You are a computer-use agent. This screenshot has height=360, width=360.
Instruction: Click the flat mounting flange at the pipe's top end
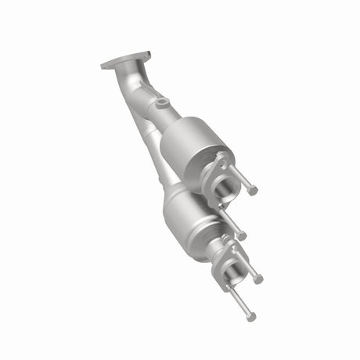[125, 60]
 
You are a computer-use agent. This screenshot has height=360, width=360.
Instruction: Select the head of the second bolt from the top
[243, 236]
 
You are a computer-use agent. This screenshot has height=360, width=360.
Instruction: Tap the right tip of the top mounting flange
[147, 55]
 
